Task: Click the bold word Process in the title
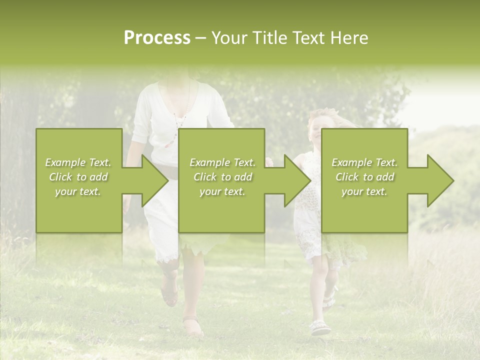[157, 38]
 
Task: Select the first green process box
[79, 210]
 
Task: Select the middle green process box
[221, 210]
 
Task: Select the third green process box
[364, 210]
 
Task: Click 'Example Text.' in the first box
[78, 162]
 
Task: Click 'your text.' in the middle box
[222, 191]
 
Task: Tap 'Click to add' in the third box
[364, 177]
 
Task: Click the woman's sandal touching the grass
[192, 327]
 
